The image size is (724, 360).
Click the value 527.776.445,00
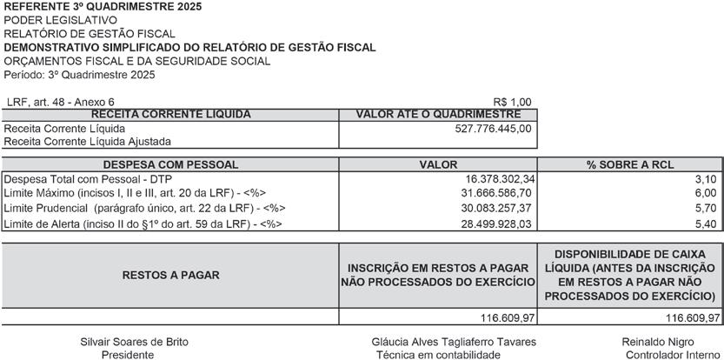(493, 129)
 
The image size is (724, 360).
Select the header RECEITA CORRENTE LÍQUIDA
(171, 115)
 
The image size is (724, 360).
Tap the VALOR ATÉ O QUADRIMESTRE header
(438, 115)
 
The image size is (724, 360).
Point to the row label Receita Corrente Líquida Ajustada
(88, 141)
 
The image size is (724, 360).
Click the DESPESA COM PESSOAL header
(170, 164)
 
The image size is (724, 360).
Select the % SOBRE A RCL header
(630, 164)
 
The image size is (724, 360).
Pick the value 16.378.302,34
(496, 178)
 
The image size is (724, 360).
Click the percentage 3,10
(706, 178)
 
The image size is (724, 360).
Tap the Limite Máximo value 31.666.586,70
(496, 193)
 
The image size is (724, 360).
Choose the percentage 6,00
(706, 193)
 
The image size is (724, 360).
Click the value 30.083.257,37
(496, 209)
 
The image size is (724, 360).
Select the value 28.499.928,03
(496, 224)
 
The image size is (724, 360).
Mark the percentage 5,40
(706, 224)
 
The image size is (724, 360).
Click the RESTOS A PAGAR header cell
(170, 275)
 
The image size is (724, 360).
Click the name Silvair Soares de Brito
(134, 342)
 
